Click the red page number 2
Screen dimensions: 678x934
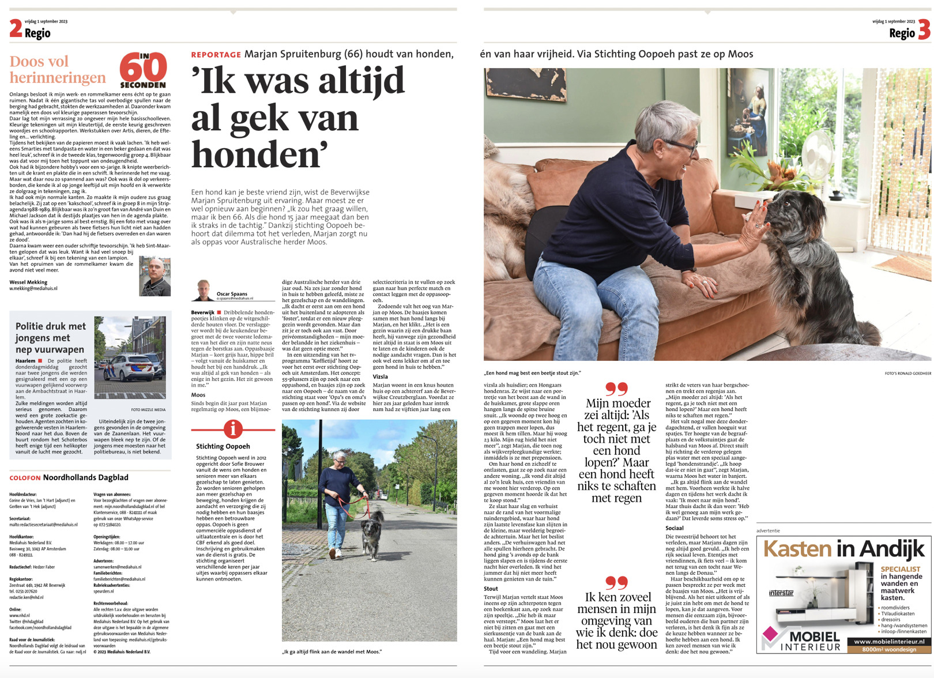click(x=16, y=28)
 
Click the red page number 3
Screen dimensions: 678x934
click(x=924, y=29)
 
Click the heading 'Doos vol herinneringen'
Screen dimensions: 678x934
click(x=58, y=70)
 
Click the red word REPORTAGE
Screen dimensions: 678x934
click(x=216, y=55)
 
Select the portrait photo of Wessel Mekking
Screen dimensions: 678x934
click(x=155, y=277)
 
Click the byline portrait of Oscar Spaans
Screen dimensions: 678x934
click(x=203, y=290)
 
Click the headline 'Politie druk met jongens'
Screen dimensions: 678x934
click(x=50, y=338)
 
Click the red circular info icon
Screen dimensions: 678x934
click(x=233, y=429)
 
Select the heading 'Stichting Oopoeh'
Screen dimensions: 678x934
click(x=223, y=446)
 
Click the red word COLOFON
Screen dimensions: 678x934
click(x=25, y=478)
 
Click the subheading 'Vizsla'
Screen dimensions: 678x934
click(x=380, y=376)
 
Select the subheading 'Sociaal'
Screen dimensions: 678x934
click(x=675, y=528)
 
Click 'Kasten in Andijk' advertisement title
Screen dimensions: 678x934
click(x=843, y=549)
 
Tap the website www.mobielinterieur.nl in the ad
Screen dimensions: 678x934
click(x=888, y=641)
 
